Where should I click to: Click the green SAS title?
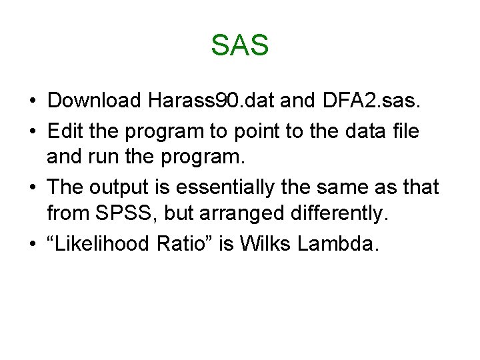tap(239, 45)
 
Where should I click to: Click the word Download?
tap(95, 101)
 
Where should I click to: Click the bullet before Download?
tap(32, 101)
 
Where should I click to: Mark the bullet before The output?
tap(32, 189)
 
